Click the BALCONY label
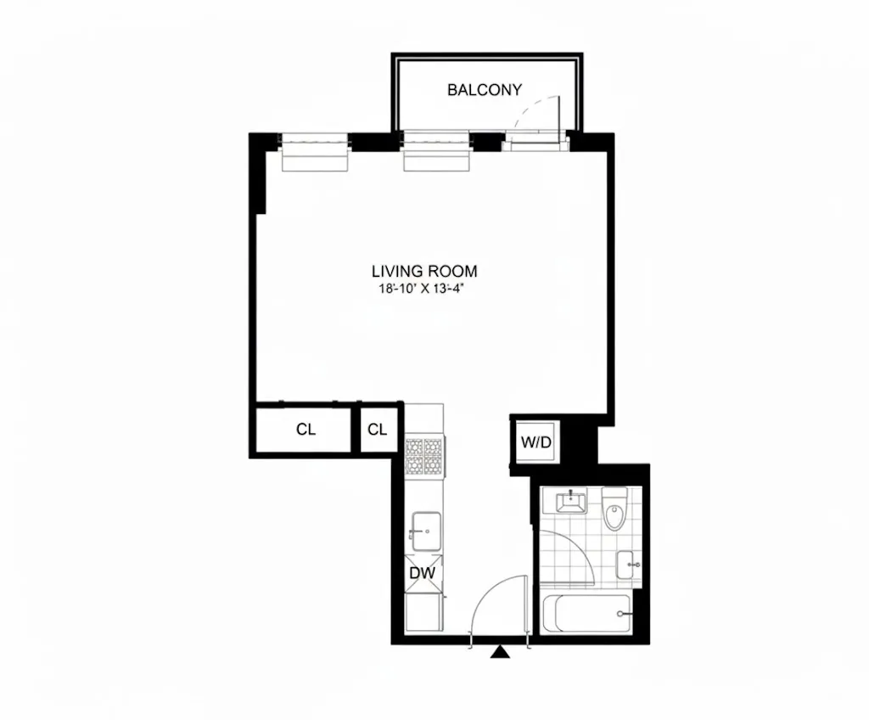(485, 89)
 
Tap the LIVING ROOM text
(424, 272)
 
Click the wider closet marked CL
(306, 430)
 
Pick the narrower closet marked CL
(378, 430)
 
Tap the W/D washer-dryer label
(536, 442)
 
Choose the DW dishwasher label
(423, 574)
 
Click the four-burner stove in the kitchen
(423, 457)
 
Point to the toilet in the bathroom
(613, 510)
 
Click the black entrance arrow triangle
(502, 652)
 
